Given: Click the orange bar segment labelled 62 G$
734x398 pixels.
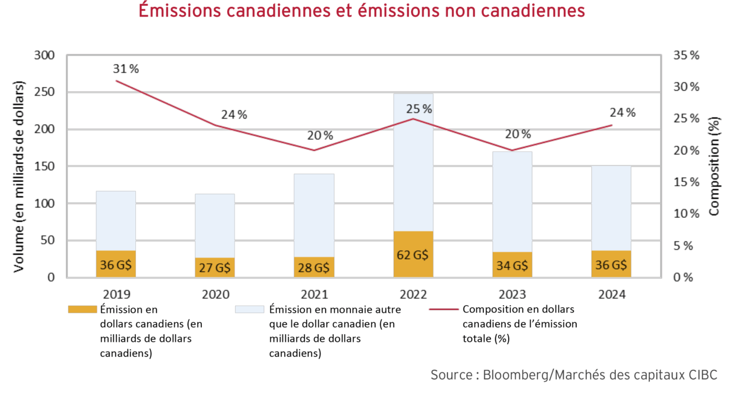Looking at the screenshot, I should click(x=413, y=255).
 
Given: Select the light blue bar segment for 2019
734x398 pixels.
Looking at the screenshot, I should click(x=116, y=221).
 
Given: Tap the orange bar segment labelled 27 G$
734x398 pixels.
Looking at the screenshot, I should click(x=215, y=267).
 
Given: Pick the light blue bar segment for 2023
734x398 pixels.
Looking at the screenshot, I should click(x=512, y=201).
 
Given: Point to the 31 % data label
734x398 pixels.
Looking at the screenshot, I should click(x=126, y=69).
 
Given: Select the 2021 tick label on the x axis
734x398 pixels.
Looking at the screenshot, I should click(x=314, y=295).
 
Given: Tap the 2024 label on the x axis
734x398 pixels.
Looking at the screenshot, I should click(x=611, y=295).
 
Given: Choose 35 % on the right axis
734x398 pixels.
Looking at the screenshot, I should click(x=686, y=56).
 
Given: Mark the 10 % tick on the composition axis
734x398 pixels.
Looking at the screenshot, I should click(x=686, y=214).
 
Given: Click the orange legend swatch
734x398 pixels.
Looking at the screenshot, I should click(x=82, y=309).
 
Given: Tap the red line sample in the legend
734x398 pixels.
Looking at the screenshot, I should click(x=443, y=309).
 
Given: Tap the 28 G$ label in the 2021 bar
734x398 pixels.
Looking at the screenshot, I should click(x=314, y=267).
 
